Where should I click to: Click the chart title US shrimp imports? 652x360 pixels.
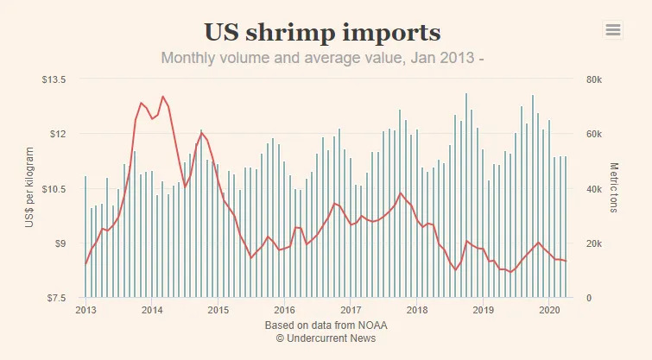click(x=322, y=33)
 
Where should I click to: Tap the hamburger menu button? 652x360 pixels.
click(x=613, y=29)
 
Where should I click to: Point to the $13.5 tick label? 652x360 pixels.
click(x=54, y=79)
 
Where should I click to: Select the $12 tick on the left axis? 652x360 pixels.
click(x=57, y=134)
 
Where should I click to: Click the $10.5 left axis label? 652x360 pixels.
click(x=54, y=189)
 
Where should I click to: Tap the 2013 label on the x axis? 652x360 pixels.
click(x=85, y=310)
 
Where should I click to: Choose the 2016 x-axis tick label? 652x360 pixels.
click(x=284, y=310)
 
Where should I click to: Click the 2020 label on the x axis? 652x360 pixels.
click(x=549, y=310)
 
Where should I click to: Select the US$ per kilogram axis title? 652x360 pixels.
click(x=29, y=188)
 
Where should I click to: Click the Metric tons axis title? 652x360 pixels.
click(x=615, y=188)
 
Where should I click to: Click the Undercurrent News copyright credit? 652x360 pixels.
click(x=326, y=339)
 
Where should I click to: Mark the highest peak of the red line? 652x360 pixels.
click(x=162, y=96)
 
